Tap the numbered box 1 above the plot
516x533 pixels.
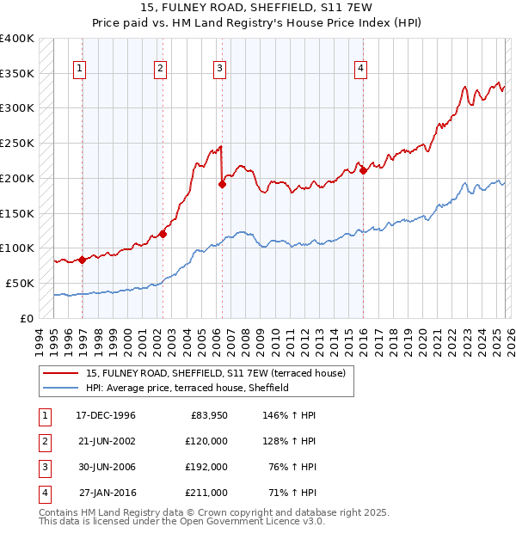tap(80, 70)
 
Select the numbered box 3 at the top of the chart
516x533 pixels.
tap(220, 70)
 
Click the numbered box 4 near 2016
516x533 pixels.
tap(361, 70)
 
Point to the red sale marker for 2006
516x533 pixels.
tap(222, 183)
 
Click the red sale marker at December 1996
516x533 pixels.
tap(83, 259)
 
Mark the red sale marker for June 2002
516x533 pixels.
tap(162, 233)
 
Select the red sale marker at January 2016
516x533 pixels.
tap(363, 170)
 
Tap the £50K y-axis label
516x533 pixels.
tap(20, 283)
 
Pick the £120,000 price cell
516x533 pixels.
tap(206, 441)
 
